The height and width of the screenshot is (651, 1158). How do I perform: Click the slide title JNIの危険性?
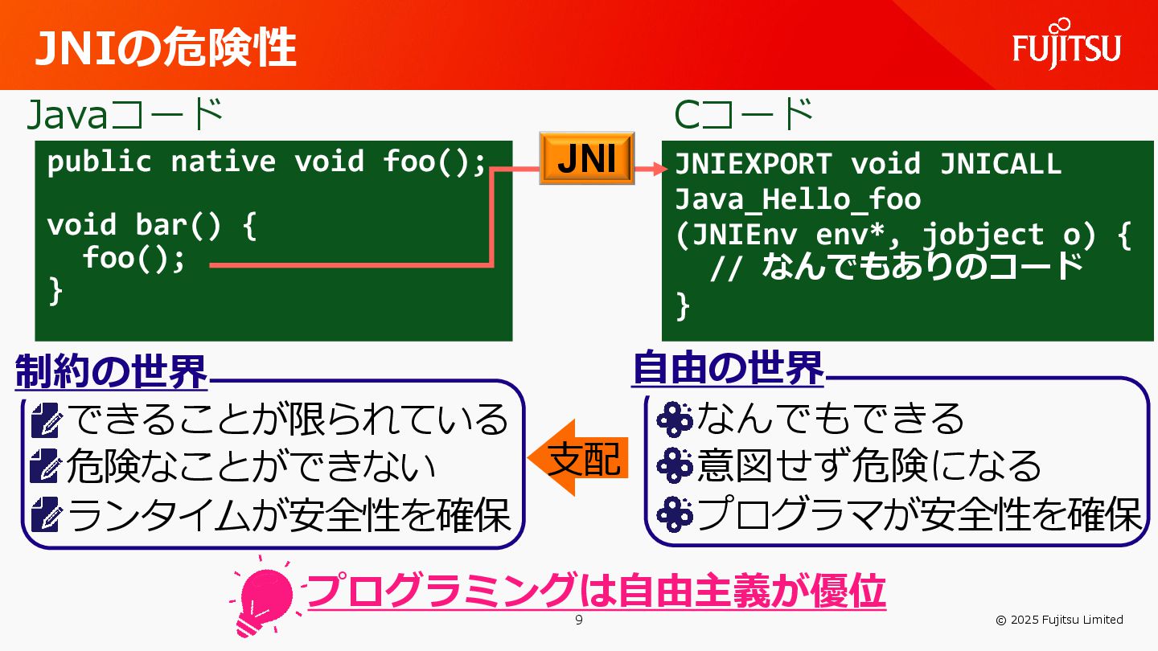pyautogui.click(x=165, y=48)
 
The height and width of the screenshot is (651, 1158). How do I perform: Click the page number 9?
pyautogui.click(x=579, y=620)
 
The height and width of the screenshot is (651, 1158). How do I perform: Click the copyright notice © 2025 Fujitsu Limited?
pyautogui.click(x=1059, y=620)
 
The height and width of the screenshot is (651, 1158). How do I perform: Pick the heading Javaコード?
pyautogui.click(x=125, y=115)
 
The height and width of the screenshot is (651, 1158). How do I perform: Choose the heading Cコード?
pyautogui.click(x=744, y=115)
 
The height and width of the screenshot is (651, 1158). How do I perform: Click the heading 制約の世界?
pyautogui.click(x=111, y=371)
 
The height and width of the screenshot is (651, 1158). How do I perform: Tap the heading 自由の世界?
pyautogui.click(x=729, y=369)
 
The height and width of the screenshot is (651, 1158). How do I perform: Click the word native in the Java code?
pyautogui.click(x=223, y=162)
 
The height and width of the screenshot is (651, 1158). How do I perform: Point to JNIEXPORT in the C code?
pyautogui.click(x=753, y=164)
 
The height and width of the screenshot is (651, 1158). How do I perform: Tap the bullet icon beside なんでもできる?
pyautogui.click(x=674, y=417)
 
